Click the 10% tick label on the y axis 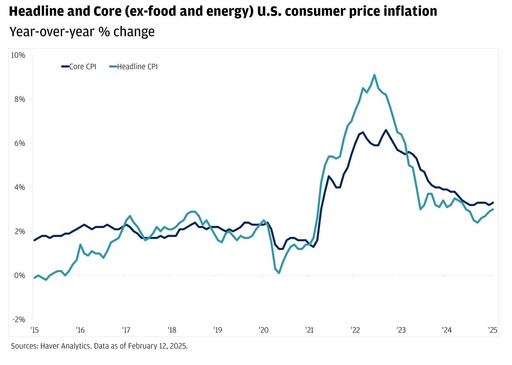coord(18,55)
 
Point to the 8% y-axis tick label coord(20,99)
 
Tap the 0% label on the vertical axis coord(20,275)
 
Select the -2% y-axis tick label coord(18,319)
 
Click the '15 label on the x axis coord(34,330)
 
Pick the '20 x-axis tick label coord(263,330)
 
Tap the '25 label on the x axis coord(492,330)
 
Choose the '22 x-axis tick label coord(355,330)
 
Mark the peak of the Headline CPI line coord(374,75)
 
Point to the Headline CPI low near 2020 coord(279,273)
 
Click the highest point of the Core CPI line coord(386,130)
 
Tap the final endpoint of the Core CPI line coord(493,203)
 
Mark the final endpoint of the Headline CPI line coord(493,210)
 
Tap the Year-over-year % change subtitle coord(82,32)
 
